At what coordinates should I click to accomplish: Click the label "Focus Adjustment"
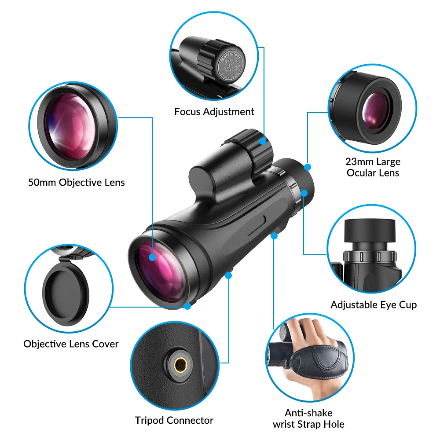tap(214, 112)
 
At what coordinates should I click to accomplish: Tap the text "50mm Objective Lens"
tap(77, 182)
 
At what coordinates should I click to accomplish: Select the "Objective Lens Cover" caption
tap(71, 344)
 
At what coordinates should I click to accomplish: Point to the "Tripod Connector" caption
tap(174, 420)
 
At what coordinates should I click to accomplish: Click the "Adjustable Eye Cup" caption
tap(374, 304)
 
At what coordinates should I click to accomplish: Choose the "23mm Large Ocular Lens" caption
tap(373, 167)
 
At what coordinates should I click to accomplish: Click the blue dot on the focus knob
tap(263, 141)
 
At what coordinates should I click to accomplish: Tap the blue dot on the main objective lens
tap(152, 257)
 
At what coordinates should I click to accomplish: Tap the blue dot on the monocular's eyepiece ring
tap(304, 193)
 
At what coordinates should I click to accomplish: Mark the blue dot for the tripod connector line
tap(228, 275)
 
